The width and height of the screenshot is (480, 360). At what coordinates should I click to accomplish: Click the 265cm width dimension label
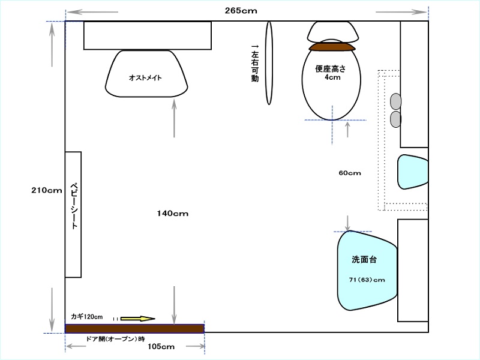[x=241, y=11]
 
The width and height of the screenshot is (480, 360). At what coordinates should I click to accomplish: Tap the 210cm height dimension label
[x=47, y=190]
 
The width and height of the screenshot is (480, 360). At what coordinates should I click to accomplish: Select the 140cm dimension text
[x=173, y=214]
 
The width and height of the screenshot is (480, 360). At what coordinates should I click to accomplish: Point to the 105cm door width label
[x=161, y=347]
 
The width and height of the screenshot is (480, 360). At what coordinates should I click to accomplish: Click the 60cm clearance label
[x=350, y=173]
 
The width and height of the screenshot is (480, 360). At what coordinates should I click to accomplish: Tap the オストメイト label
[x=145, y=78]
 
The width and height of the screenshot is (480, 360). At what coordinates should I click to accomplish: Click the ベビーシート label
[x=74, y=206]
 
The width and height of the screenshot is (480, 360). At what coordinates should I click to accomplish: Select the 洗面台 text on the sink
[x=364, y=260]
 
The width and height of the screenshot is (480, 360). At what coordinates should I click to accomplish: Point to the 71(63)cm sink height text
[x=367, y=280]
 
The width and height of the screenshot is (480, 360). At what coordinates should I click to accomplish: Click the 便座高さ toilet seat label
[x=331, y=68]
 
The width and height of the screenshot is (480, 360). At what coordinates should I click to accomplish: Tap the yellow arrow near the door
[x=138, y=319]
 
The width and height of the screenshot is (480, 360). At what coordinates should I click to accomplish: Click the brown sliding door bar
[x=134, y=329]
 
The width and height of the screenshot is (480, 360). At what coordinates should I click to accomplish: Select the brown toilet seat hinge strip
[x=332, y=47]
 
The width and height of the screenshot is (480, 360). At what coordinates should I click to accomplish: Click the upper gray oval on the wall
[x=395, y=101]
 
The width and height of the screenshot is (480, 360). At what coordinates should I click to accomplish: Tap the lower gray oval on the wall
[x=395, y=119]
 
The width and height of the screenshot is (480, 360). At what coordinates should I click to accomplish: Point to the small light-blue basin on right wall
[x=412, y=172]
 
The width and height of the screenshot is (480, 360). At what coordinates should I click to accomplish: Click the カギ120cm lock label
[x=87, y=317]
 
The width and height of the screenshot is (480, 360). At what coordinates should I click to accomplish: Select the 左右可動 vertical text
[x=255, y=63]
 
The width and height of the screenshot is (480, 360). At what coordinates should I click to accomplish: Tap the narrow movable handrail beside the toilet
[x=269, y=63]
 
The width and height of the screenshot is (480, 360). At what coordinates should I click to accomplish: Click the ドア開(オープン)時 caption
[x=115, y=339]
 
